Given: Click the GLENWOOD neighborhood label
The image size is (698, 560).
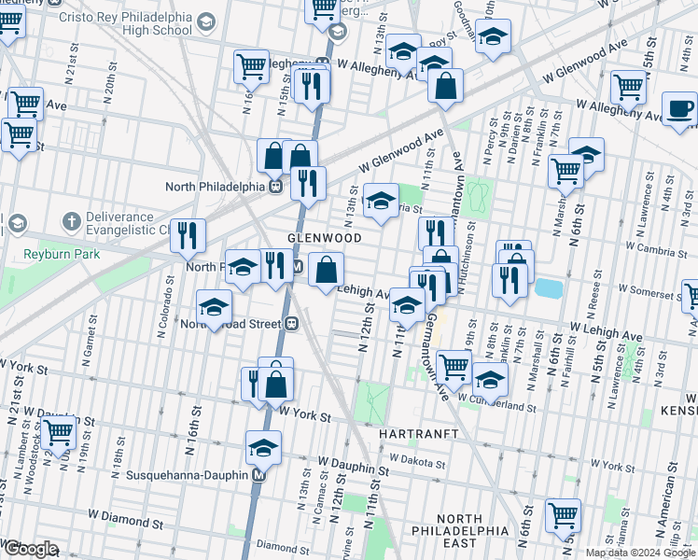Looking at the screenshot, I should pyautogui.click(x=324, y=238).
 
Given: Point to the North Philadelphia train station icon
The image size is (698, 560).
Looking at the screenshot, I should pyautogui.click(x=276, y=186).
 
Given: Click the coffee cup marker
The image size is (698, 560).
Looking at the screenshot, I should pyautogui.click(x=679, y=110).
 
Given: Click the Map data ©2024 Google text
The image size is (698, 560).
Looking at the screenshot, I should pyautogui.click(x=639, y=553).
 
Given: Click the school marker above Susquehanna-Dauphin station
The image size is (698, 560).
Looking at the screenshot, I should pyautogui.click(x=263, y=448).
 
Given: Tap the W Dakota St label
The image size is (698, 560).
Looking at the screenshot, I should pyautogui.click(x=419, y=459).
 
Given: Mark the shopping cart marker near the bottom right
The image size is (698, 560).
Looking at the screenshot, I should pyautogui.click(x=563, y=514).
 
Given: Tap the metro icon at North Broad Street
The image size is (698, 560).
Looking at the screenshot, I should pyautogui.click(x=292, y=324).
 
